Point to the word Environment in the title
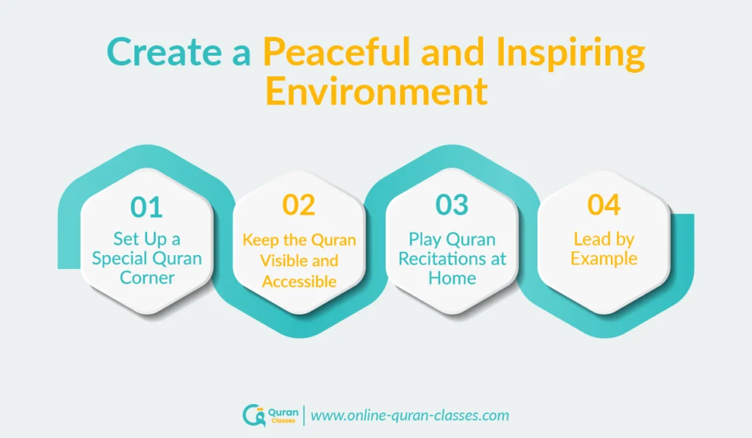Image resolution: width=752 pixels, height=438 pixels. [x=376, y=93]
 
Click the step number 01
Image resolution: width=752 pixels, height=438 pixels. [x=146, y=207]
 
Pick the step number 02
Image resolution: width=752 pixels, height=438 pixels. [x=299, y=206]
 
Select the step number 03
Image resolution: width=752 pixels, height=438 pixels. [x=452, y=206]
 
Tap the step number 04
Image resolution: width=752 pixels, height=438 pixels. [x=604, y=206]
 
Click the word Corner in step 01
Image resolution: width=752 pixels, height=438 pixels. [x=146, y=278]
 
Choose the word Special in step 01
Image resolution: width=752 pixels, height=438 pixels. [x=123, y=259]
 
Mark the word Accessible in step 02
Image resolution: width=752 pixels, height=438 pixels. [x=300, y=281]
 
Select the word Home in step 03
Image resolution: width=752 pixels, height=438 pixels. [x=452, y=278]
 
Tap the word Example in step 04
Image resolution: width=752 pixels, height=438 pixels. [x=604, y=259]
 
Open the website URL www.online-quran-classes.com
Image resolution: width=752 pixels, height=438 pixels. [x=410, y=415]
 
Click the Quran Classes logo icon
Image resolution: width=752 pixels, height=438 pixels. [x=253, y=415]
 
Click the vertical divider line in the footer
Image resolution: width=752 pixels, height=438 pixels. [x=304, y=415]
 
